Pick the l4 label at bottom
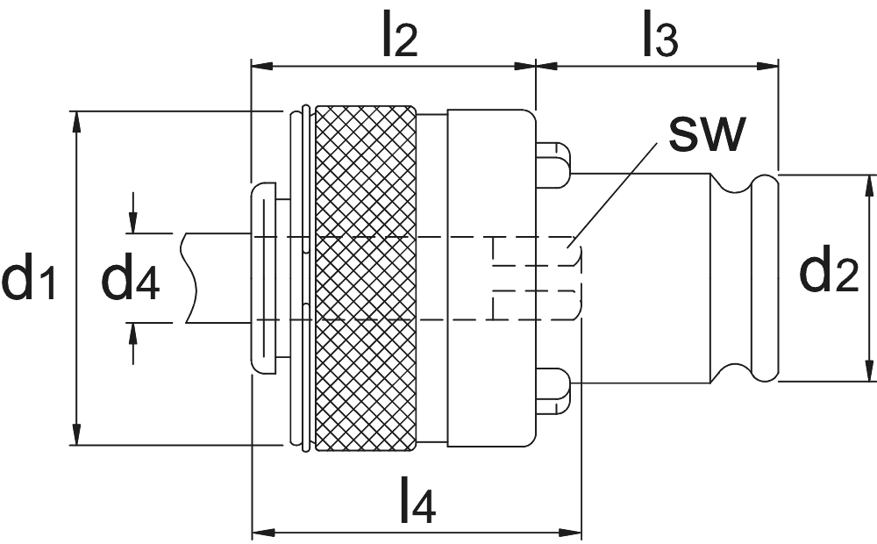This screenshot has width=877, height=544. point(417,503)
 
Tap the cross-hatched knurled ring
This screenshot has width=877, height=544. point(365,277)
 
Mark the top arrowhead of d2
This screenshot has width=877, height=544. point(870,185)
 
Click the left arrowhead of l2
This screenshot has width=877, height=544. point(261,64)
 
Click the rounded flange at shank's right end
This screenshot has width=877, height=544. point(765,277)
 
